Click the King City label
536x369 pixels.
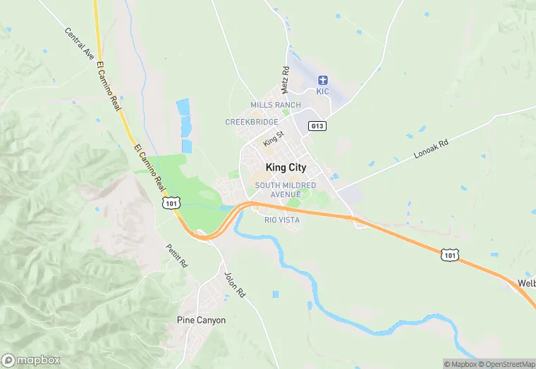[x=286, y=168]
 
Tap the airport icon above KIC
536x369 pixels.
[x=323, y=80]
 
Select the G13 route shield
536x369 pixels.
[x=317, y=126]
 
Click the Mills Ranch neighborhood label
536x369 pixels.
[x=275, y=105]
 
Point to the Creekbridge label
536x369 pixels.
[x=252, y=122]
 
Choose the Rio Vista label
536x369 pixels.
[x=281, y=220]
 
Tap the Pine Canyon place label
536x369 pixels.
[x=201, y=320]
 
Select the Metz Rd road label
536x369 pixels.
[x=286, y=80]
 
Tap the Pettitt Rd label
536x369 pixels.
[x=176, y=255]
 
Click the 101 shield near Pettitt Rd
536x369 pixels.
[x=171, y=202]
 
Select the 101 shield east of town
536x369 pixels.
[x=450, y=254]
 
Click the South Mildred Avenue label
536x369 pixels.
[x=286, y=189]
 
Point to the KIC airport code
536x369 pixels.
[x=323, y=92]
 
